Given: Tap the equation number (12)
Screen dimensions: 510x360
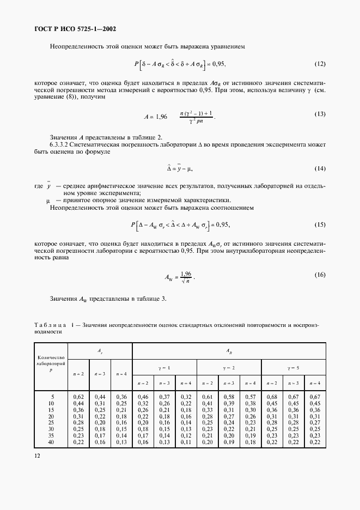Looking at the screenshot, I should pos(320,64).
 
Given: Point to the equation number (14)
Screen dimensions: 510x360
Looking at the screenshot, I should pos(320,169).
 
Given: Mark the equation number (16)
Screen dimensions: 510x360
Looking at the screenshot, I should pos(320,275).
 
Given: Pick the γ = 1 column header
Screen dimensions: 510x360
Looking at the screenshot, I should pos(164,367).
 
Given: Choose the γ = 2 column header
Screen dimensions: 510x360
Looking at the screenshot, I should pos(229,367).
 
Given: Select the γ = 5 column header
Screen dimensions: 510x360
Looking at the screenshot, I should pos(294,367).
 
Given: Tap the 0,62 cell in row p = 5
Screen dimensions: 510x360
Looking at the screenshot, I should pos(78,397).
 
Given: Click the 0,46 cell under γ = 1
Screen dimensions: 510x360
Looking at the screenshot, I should pos(143,397).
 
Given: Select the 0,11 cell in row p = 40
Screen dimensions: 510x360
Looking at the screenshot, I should pos(186,442).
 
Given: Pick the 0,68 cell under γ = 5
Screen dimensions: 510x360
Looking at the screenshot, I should pos(272,397).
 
